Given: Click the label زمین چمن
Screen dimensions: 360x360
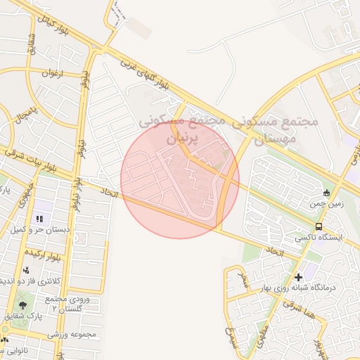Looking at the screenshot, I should click(325, 205).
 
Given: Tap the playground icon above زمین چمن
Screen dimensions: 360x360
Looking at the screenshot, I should click(326, 193).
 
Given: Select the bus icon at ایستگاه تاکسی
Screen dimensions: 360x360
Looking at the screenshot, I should click(319, 226).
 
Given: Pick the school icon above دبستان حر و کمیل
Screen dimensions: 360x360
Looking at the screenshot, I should click(39, 219).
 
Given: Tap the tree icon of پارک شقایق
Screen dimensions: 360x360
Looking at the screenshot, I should click(22, 305).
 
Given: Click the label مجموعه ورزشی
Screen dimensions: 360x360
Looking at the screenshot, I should click(71, 335).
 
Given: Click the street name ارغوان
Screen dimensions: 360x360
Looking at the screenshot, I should click(53, 73).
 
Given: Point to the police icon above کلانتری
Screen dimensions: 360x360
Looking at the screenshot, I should click(27, 270).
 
